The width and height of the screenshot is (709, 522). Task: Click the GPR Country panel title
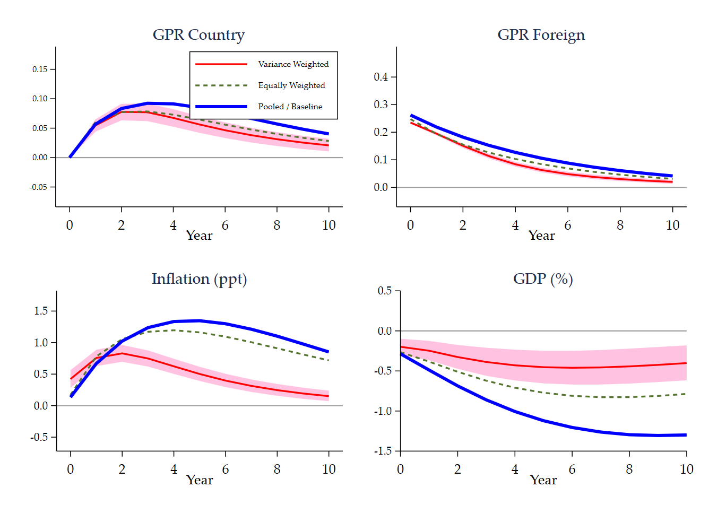pos(198,35)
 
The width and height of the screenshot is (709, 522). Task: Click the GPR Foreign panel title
pos(541,35)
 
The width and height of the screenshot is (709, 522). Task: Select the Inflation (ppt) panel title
pos(199,279)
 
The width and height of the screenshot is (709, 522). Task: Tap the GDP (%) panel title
pos(543,279)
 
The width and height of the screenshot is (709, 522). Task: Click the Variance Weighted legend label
pos(293,64)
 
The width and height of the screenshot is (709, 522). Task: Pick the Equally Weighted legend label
pos(291,85)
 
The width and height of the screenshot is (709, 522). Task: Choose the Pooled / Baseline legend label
pos(290,107)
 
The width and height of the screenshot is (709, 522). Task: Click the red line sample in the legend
pos(221,64)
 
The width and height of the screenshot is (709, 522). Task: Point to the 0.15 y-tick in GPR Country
pos(40,69)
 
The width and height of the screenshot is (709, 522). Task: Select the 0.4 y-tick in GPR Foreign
pos(381,77)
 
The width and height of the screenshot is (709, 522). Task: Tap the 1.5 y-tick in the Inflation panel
pos(41,311)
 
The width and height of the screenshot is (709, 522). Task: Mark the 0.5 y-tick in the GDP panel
pos(385,291)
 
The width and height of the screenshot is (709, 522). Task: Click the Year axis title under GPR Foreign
pos(541,236)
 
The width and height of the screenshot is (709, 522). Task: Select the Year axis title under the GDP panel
pos(543,480)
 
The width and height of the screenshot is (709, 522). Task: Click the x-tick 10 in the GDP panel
pos(687,469)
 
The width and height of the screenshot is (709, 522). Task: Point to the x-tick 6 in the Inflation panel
pos(226,469)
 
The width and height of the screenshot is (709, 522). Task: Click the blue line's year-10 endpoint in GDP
pos(686,435)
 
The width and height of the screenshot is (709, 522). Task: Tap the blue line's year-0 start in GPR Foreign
pos(411,115)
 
